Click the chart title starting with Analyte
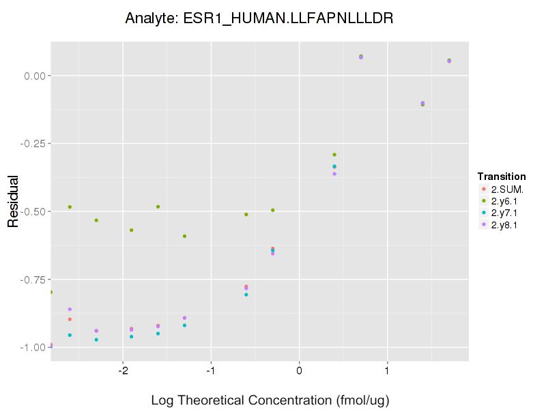259,18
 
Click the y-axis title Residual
13,202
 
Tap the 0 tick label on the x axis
299,372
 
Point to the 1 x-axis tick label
387,372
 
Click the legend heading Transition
502,177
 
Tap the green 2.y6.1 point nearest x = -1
184,236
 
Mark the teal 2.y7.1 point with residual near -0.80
246,294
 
